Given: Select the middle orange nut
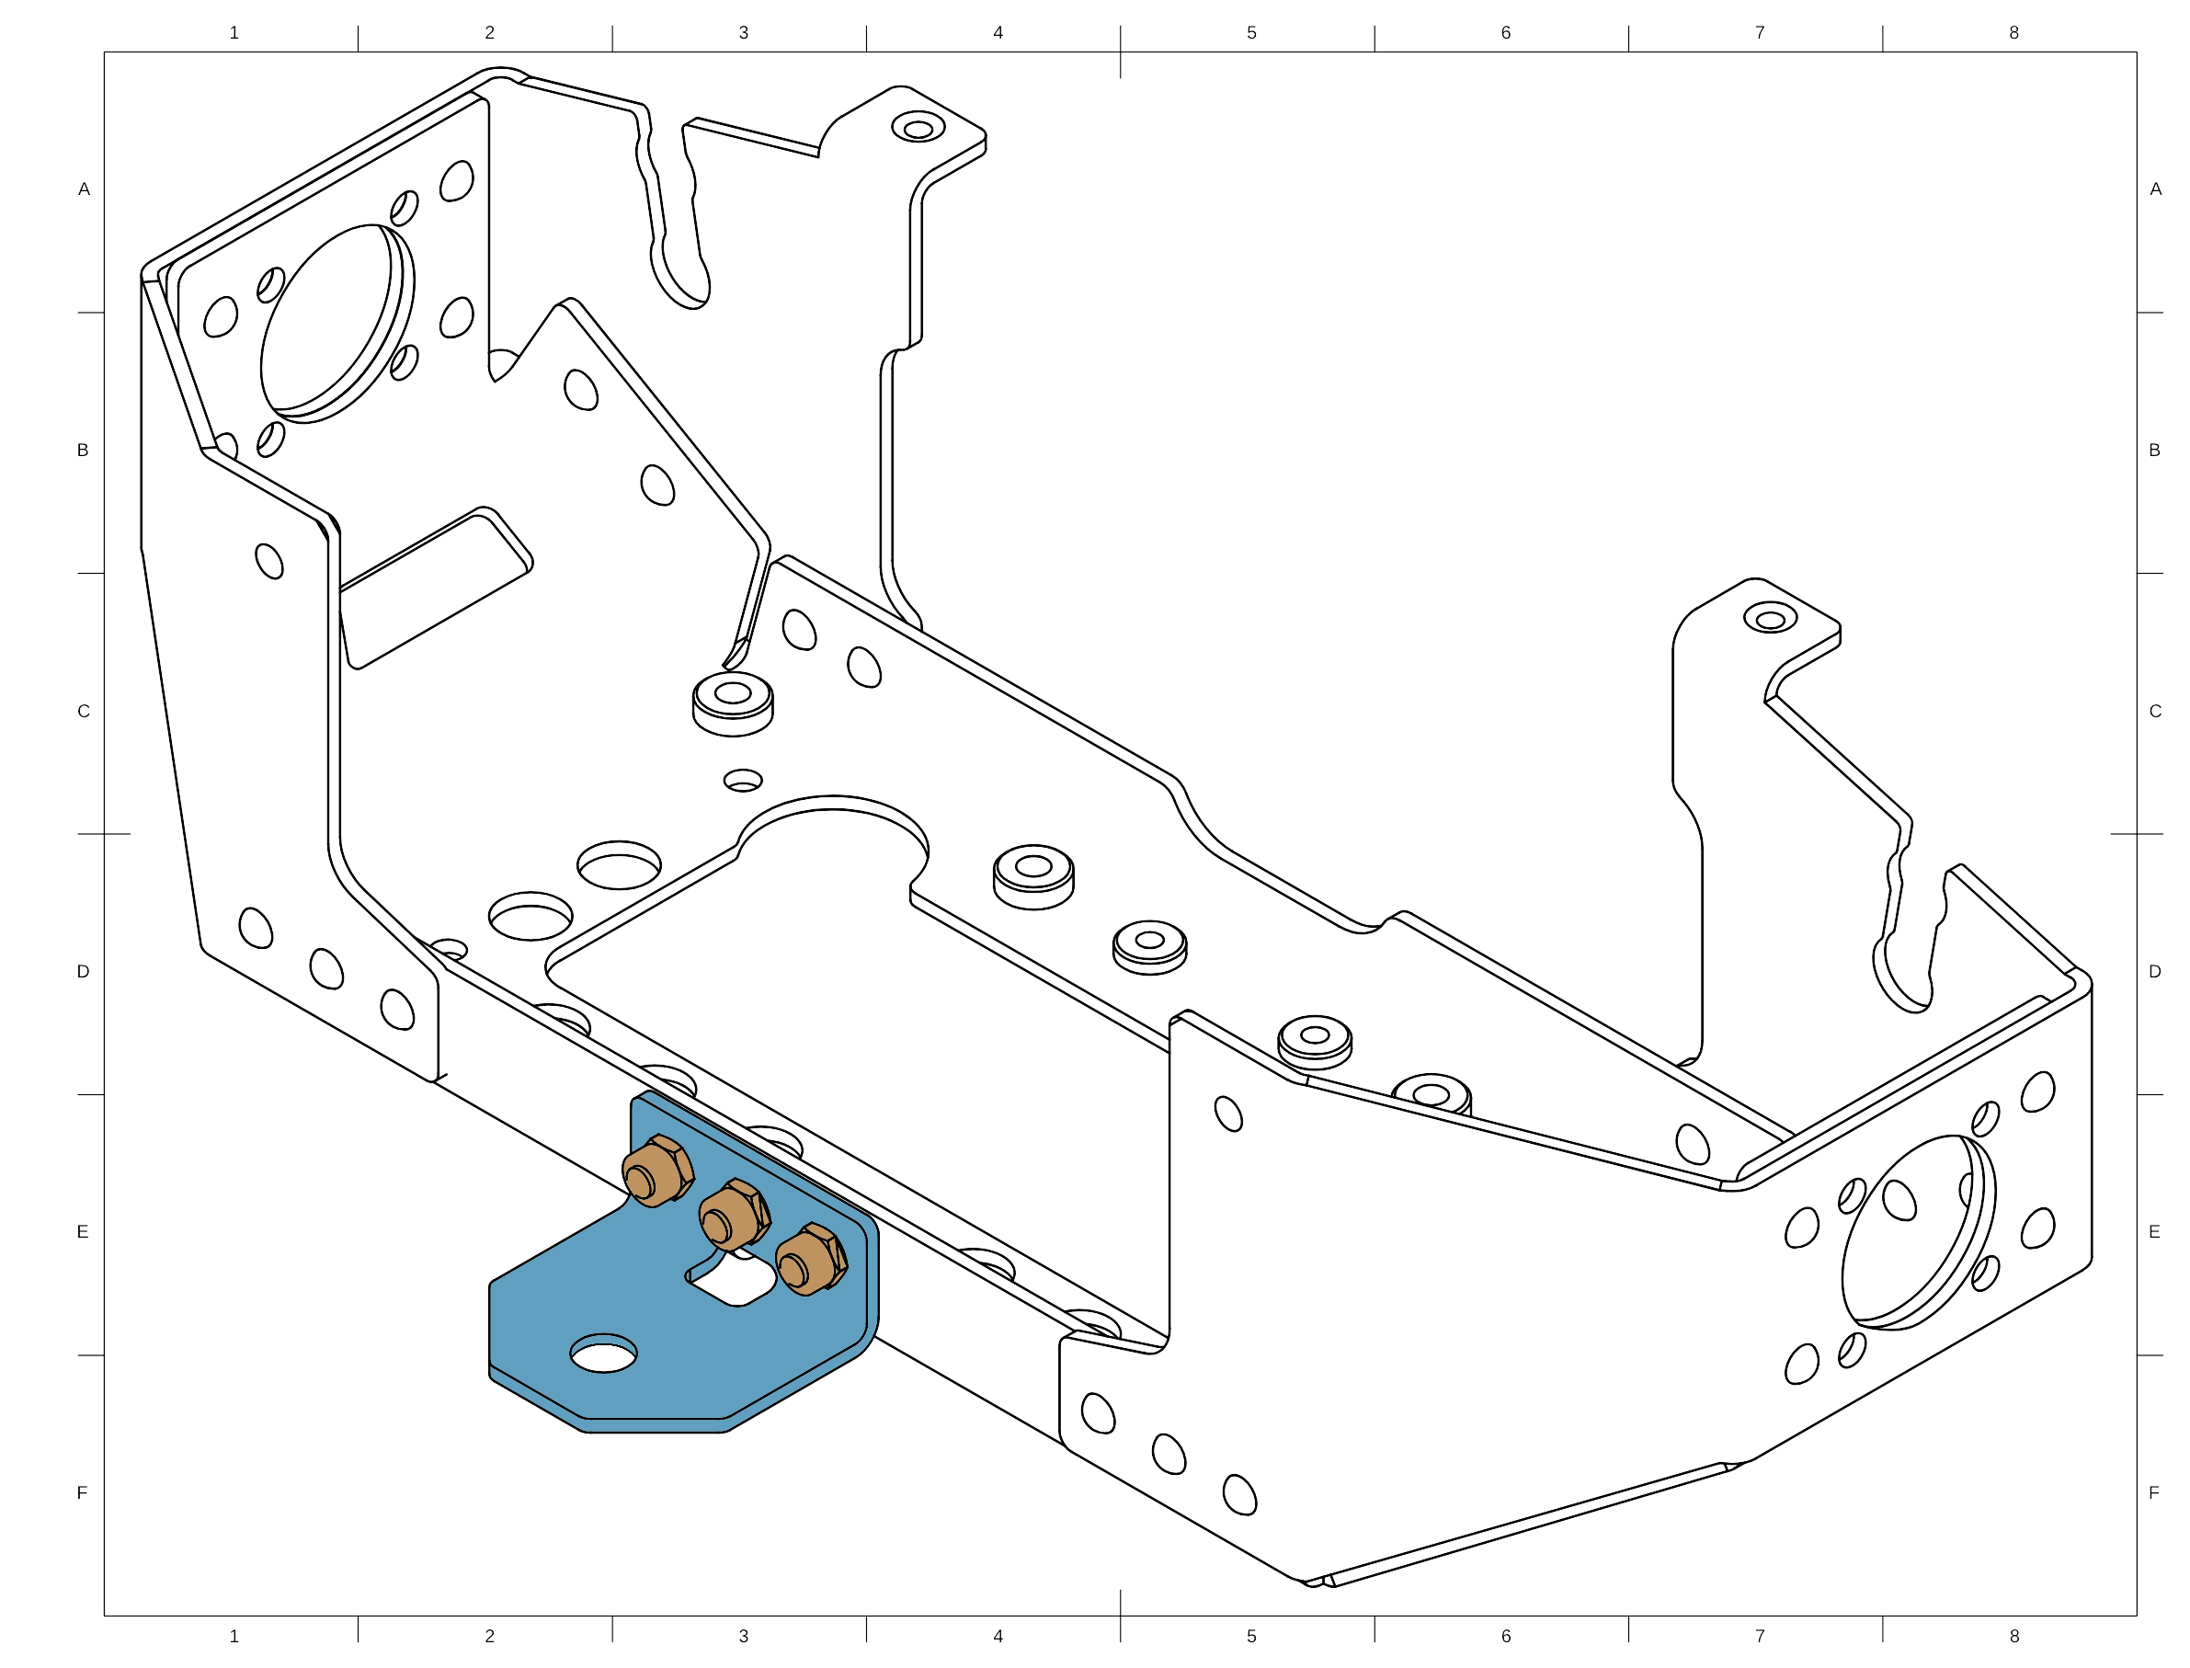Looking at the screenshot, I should click(x=734, y=1213).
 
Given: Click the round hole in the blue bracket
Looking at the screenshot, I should click(x=604, y=1354).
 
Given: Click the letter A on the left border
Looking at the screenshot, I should click(x=85, y=189).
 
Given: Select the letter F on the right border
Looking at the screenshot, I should click(x=2154, y=1492).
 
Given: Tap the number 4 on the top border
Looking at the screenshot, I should click(x=998, y=33).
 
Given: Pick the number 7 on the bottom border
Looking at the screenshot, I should click(x=1760, y=1635).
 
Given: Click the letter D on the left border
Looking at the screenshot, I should click(x=85, y=971).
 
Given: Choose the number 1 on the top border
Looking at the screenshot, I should click(x=234, y=33).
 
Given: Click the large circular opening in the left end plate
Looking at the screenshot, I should click(x=333, y=323).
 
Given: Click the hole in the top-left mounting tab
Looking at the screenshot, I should click(x=918, y=128).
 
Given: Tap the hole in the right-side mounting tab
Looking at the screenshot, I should click(x=1769, y=621).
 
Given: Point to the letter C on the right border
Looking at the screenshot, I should click(x=2154, y=711).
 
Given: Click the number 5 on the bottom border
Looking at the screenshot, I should click(x=1252, y=1635).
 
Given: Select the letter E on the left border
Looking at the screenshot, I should click(x=85, y=1232).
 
